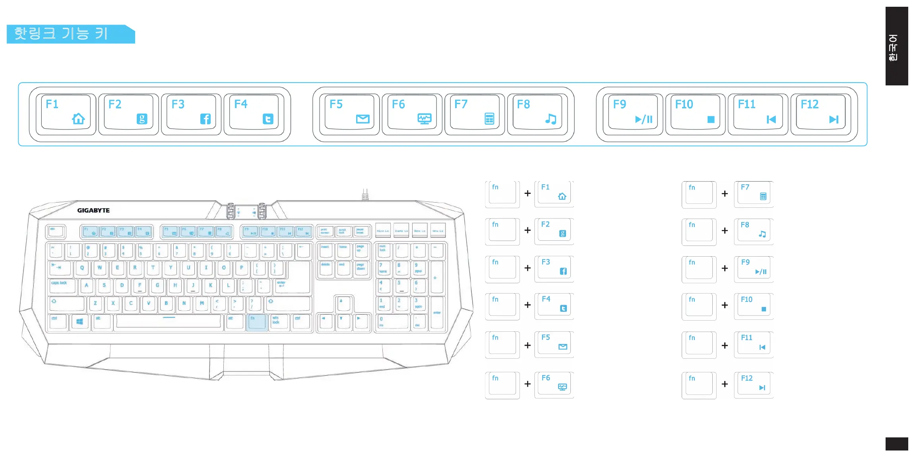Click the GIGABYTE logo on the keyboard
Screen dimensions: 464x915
point(93,211)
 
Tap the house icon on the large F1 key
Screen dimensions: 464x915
point(78,119)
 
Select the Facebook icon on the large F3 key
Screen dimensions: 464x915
point(205,119)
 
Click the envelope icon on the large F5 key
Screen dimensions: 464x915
point(363,119)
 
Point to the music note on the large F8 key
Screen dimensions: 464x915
point(551,119)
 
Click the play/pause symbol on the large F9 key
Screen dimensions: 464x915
point(644,119)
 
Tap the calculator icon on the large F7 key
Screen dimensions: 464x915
point(489,119)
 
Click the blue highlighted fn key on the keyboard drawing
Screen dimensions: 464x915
point(256,322)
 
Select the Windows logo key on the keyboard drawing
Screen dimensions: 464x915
point(79,322)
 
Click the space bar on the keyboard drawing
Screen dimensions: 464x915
point(169,321)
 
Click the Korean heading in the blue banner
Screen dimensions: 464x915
point(61,34)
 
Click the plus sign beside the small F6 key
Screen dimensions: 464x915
point(527,384)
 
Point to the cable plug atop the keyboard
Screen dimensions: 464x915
point(365,195)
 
